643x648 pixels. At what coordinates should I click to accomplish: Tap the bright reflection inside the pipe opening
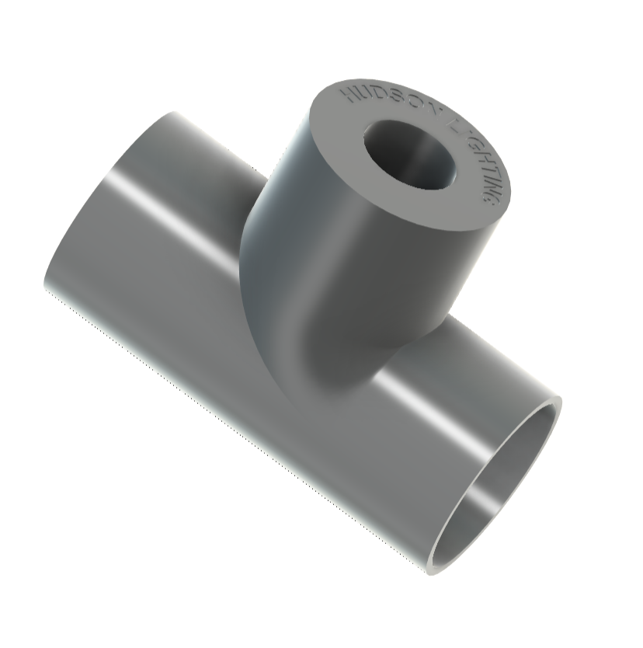[481, 497]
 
